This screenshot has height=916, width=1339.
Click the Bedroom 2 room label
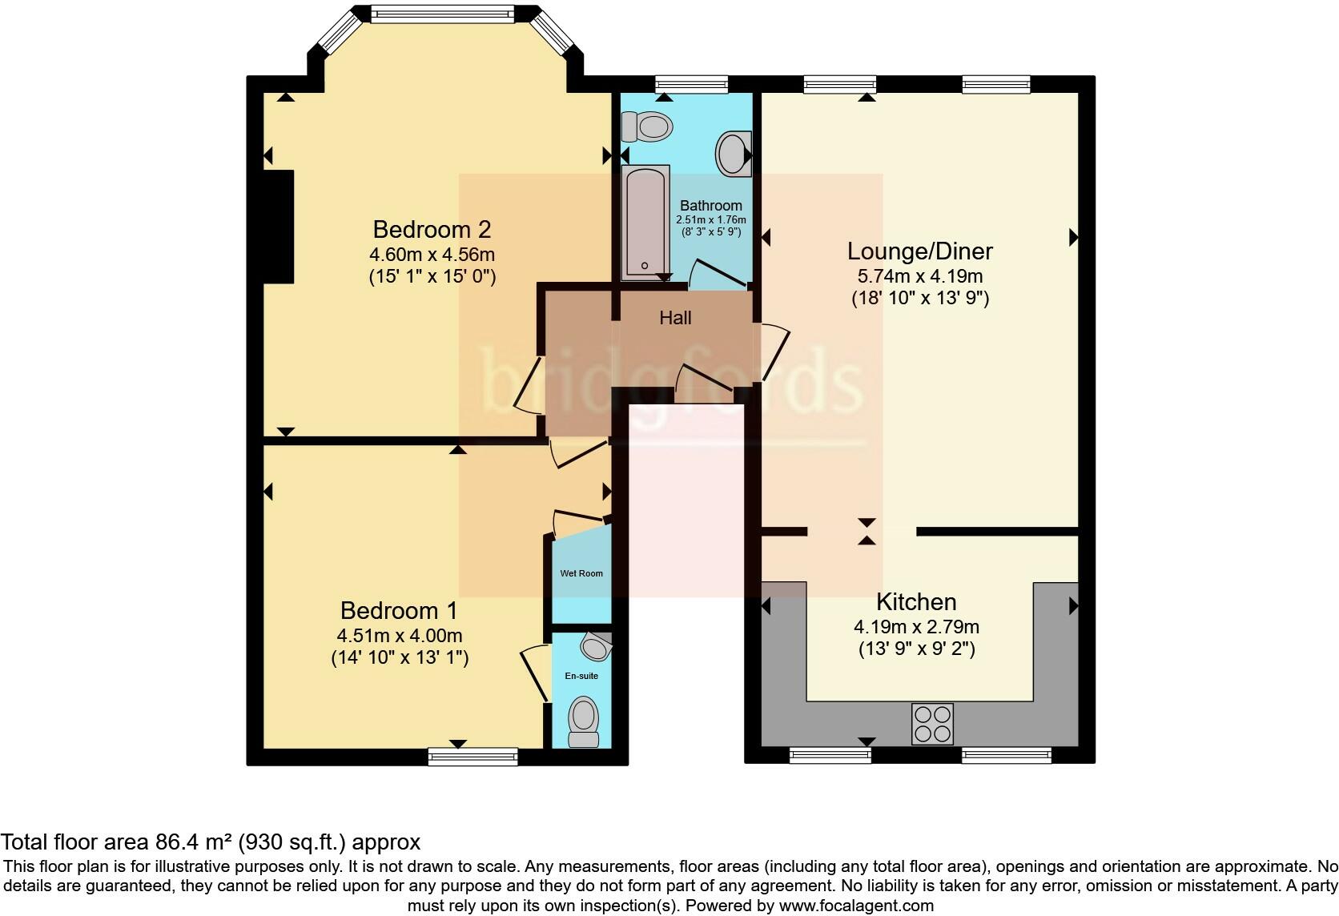click(432, 230)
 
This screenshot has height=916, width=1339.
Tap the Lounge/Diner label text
click(919, 251)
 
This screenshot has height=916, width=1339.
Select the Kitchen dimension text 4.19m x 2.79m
click(916, 627)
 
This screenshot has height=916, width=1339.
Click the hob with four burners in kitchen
click(932, 723)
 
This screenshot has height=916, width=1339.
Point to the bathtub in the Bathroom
click(645, 222)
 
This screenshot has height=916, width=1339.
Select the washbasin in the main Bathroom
click(733, 154)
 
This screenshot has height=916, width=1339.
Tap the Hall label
click(675, 318)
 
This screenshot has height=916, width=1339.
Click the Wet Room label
click(581, 573)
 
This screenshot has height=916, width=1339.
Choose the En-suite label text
click(581, 676)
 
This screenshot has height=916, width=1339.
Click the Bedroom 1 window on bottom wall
click(472, 756)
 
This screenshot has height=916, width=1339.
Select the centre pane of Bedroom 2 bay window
click(443, 12)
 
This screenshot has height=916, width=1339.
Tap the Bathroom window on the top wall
click(691, 84)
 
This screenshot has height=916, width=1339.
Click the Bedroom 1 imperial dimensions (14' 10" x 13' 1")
click(399, 658)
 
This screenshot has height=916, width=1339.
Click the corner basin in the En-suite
click(597, 645)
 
